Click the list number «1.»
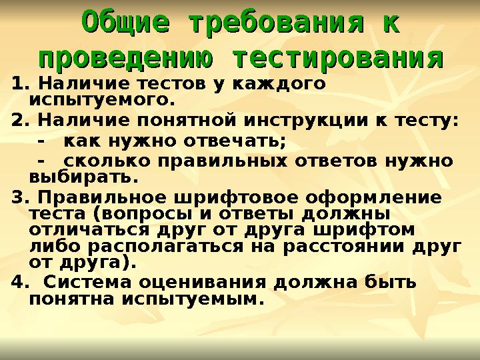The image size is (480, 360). [21, 85]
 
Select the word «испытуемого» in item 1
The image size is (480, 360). [100, 101]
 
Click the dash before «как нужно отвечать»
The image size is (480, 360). [43, 142]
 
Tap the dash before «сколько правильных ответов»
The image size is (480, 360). [43, 161]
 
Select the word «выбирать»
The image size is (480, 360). [83, 178]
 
